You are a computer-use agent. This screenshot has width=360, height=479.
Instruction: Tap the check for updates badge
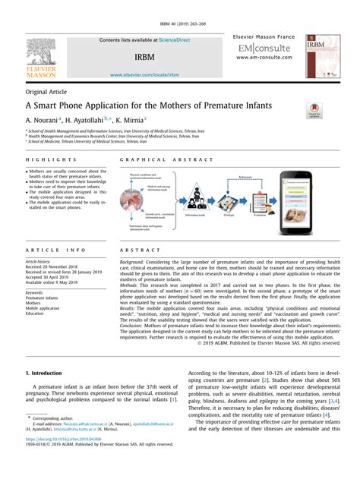[x=314, y=112]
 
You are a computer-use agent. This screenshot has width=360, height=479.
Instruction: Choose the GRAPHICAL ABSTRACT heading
[x=156, y=159]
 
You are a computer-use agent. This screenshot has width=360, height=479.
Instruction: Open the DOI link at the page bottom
[x=64, y=459]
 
